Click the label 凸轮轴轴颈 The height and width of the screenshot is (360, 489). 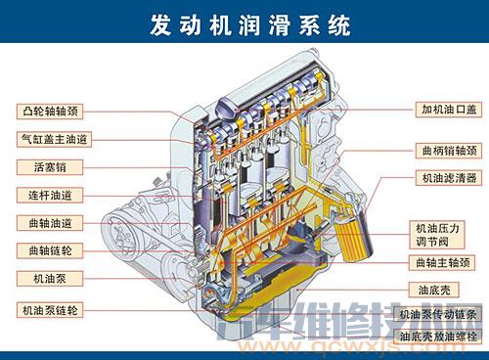tap(53, 111)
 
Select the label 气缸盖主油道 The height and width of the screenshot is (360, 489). tap(53, 139)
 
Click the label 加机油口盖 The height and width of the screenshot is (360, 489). tap(446, 110)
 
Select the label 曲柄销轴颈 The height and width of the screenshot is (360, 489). tap(446, 151)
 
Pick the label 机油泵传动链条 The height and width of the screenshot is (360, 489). tap(446, 315)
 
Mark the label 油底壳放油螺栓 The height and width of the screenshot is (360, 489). tap(446, 337)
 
